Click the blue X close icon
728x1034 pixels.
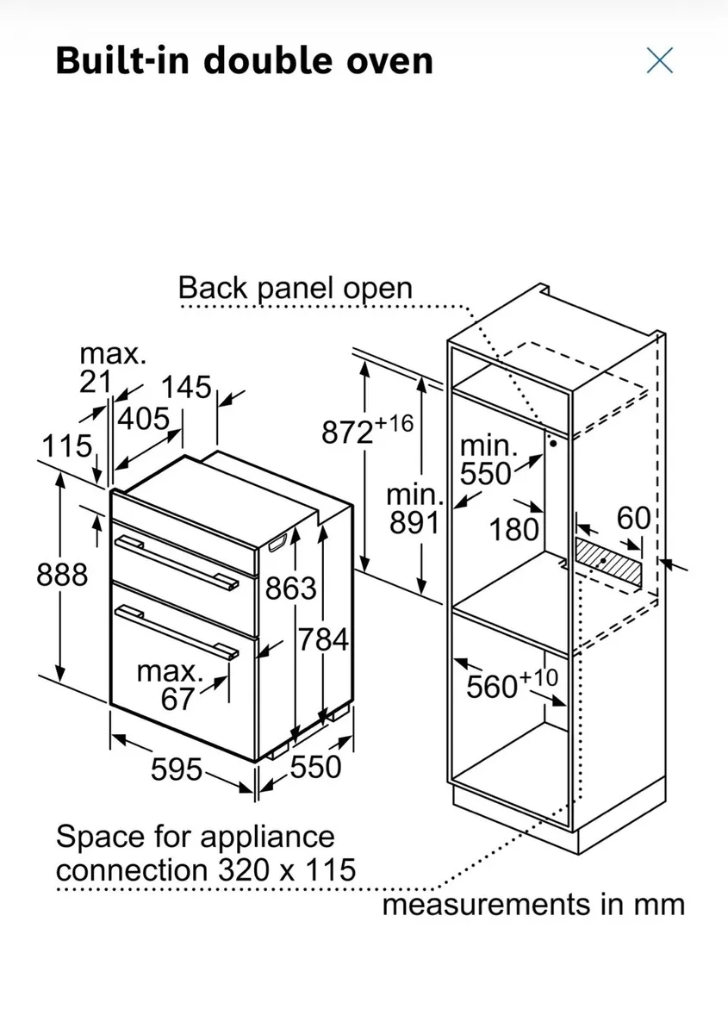[659, 60]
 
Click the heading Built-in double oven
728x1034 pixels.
[244, 61]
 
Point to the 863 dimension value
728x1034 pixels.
[290, 589]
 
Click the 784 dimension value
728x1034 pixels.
[323, 639]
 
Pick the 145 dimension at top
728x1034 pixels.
[187, 388]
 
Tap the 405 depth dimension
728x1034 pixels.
[143, 420]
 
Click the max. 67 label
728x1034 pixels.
[176, 685]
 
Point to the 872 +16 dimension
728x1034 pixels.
[368, 430]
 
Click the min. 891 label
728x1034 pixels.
[414, 509]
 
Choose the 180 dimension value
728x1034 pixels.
[514, 529]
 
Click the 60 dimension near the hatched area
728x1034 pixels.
[633, 518]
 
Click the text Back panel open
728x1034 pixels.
[295, 288]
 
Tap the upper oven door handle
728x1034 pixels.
[177, 559]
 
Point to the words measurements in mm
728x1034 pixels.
[533, 906]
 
